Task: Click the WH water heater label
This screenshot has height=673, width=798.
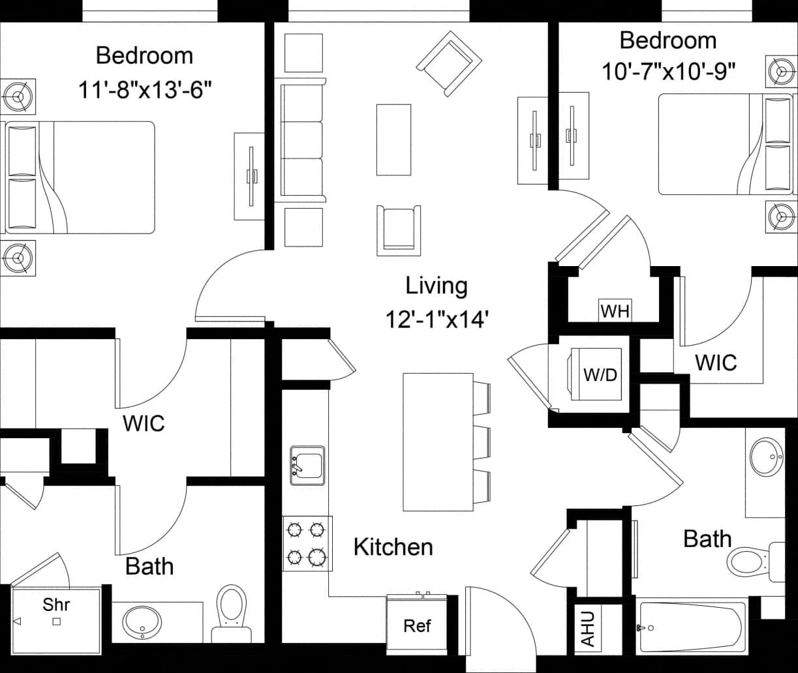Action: point(615,311)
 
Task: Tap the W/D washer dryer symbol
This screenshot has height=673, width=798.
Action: point(599,376)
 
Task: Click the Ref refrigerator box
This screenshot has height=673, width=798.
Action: point(417,626)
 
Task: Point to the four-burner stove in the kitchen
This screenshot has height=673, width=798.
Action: point(307,543)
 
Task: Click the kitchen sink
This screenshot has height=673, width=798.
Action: point(307,466)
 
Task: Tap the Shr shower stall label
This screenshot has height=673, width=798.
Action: point(56,605)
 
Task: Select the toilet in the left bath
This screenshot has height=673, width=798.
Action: point(232,610)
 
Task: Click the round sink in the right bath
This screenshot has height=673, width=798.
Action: point(766,458)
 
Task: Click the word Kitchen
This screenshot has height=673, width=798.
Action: point(393,547)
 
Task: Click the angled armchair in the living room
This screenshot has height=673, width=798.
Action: point(449,63)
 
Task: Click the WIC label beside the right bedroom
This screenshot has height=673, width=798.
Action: point(716,363)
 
